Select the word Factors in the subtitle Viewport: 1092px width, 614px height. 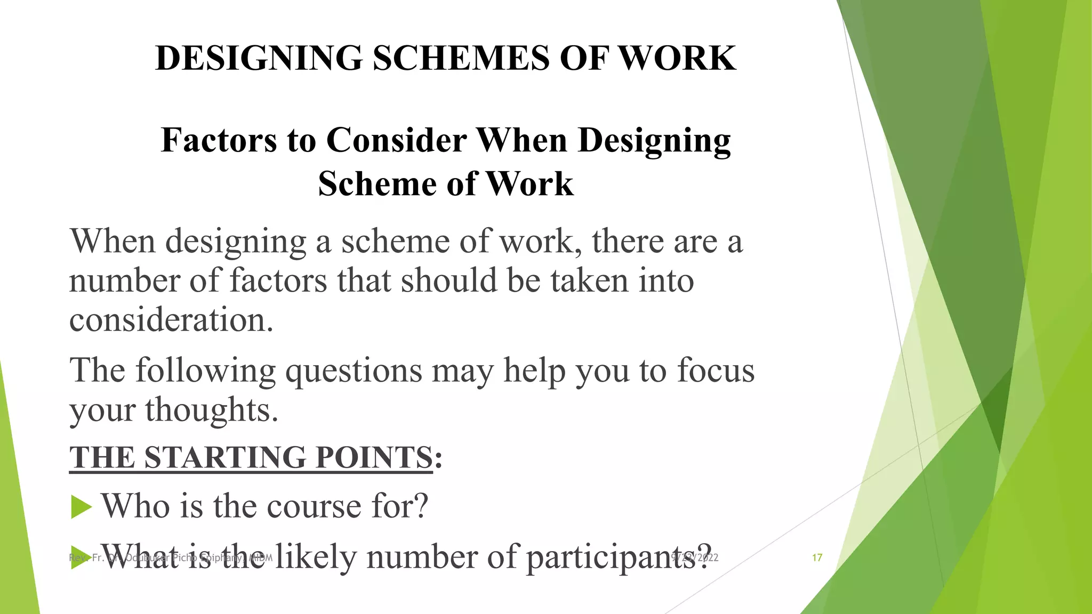click(x=219, y=140)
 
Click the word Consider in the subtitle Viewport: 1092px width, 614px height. click(x=396, y=140)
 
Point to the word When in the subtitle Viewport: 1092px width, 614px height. click(x=523, y=140)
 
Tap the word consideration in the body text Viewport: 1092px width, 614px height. click(x=171, y=320)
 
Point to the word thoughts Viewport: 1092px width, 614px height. click(x=212, y=410)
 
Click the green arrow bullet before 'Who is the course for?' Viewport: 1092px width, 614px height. click(x=81, y=506)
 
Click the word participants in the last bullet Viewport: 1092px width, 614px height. click(x=619, y=558)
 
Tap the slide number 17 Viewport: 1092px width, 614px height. click(x=817, y=558)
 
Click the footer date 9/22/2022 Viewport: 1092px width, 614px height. click(x=695, y=558)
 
